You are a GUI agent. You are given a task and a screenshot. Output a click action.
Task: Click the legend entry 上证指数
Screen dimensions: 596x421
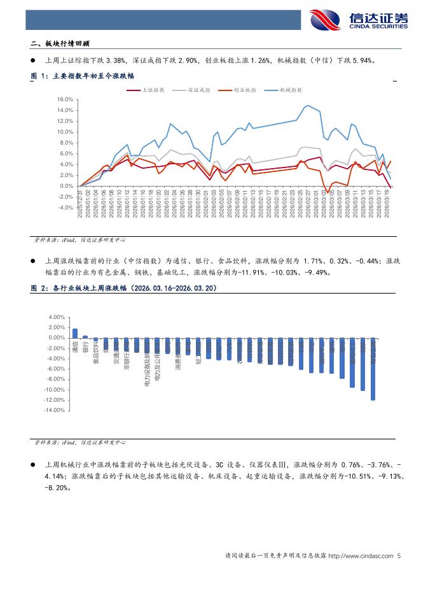[x=151, y=90]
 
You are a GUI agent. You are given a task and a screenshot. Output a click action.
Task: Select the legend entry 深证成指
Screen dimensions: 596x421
[x=202, y=90]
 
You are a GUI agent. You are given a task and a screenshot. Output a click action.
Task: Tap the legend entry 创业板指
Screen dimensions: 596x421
[x=244, y=90]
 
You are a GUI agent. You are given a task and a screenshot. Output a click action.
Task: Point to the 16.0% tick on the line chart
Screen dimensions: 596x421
[x=66, y=100]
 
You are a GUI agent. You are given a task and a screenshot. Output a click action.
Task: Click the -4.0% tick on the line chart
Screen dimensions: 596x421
[x=66, y=208]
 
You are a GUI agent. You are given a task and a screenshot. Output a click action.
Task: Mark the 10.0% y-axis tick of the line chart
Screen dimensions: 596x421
[x=66, y=132]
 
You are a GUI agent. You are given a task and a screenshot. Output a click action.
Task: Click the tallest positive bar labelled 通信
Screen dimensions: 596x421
[x=75, y=333]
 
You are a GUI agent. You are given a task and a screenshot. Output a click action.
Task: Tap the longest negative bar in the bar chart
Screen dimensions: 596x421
[x=373, y=369]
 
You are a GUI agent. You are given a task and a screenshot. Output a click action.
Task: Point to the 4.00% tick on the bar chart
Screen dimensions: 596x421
[x=57, y=317]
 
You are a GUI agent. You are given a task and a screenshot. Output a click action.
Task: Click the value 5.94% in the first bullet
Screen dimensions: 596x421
[x=362, y=61]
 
